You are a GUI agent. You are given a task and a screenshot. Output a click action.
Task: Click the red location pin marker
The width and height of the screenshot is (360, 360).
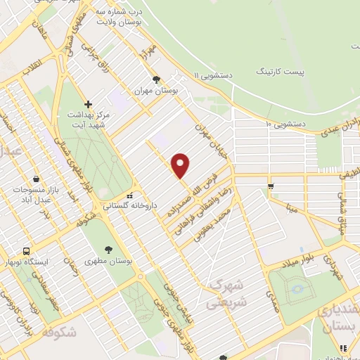point(181,165)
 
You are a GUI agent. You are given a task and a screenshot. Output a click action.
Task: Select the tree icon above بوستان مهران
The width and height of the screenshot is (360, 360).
point(156,79)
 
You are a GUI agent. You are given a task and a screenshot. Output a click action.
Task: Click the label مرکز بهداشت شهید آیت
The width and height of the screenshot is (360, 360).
point(88,120)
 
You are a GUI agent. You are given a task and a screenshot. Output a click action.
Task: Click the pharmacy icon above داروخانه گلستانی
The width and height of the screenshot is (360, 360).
point(129,195)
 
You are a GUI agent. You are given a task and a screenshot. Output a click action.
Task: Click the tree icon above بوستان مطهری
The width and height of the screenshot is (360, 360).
point(108,248)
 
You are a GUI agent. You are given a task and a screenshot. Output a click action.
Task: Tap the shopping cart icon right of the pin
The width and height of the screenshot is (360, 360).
point(271,186)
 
